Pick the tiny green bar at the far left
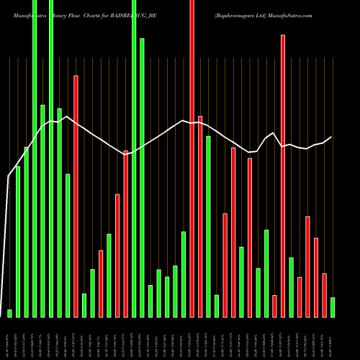coord(9,313)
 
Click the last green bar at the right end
coord(333,307)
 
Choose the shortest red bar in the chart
coord(274,306)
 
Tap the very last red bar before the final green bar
coord(324,295)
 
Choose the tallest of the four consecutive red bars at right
coord(307,266)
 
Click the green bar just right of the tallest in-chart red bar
coord(291,287)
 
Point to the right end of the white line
coord(332,137)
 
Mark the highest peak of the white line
coord(66,116)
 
